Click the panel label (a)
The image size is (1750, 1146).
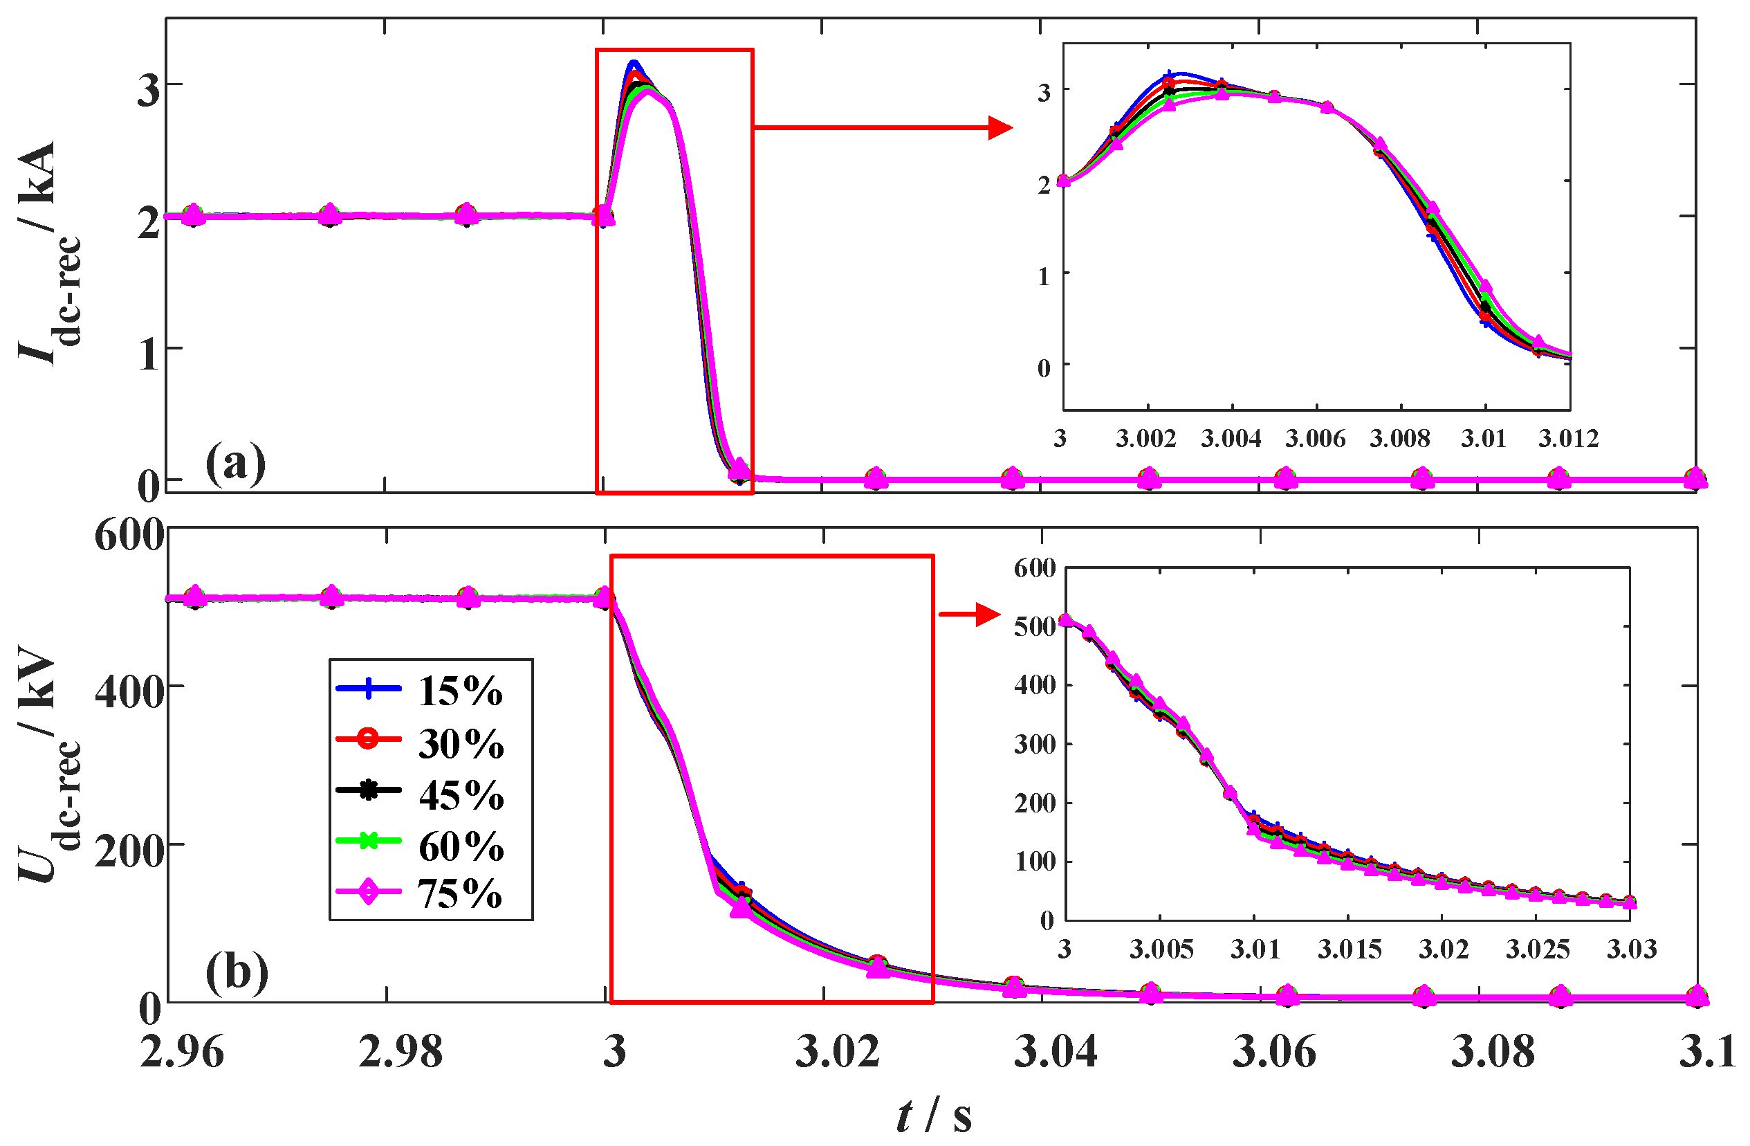[235, 464]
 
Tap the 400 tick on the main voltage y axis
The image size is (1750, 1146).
[129, 691]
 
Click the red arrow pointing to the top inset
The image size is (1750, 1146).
[883, 128]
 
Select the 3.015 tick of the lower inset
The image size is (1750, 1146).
[1350, 949]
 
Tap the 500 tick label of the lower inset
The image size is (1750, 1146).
[1035, 627]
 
